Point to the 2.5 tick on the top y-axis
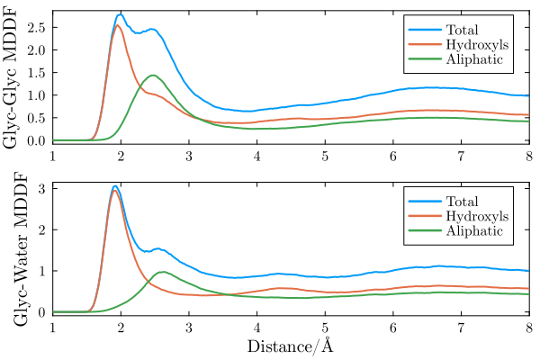click(x=38, y=27)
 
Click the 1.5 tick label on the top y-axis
click(x=38, y=73)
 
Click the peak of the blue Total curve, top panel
click(x=121, y=14)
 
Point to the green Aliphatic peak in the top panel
click(x=153, y=75)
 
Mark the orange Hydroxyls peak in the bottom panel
click(x=115, y=190)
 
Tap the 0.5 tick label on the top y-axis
click(x=38, y=118)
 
